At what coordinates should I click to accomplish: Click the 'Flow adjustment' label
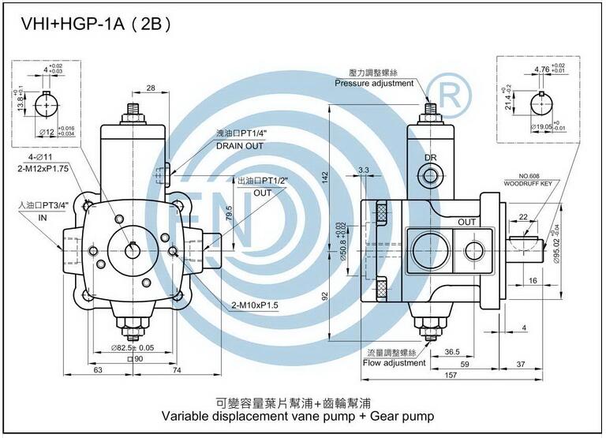(394, 364)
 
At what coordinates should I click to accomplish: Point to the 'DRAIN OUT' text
(239, 146)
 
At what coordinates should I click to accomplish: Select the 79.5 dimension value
(229, 214)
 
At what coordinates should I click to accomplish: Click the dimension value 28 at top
(150, 88)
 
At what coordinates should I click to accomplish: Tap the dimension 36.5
(452, 351)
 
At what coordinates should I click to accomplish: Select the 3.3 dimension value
(364, 170)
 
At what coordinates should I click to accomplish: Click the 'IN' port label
(43, 218)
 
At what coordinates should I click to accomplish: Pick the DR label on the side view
(431, 158)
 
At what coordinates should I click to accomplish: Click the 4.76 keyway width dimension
(541, 69)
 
